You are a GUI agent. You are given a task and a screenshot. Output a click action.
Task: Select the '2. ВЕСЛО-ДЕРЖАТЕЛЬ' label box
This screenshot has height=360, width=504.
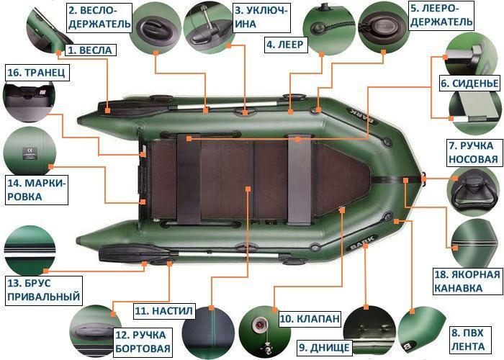pyautogui.click(x=99, y=17)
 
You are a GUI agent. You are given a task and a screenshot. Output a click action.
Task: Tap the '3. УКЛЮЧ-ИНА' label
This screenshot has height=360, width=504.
pyautogui.click(x=261, y=17)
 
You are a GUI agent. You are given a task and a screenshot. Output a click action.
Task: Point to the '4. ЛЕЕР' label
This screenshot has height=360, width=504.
pyautogui.click(x=286, y=44)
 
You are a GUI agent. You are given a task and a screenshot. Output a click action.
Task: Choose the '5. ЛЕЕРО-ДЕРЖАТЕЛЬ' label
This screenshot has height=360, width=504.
pyautogui.click(x=441, y=17)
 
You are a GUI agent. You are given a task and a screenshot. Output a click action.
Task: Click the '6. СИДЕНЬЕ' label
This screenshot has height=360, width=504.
pyautogui.click(x=470, y=84)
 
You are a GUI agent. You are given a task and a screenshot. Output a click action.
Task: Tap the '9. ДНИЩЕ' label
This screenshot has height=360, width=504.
pyautogui.click(x=324, y=348)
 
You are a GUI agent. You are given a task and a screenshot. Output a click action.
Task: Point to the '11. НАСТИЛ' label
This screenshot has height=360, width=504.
pyautogui.click(x=164, y=311)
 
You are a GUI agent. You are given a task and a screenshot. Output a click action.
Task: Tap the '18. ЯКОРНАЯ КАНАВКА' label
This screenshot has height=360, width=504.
pyautogui.click(x=466, y=282)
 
